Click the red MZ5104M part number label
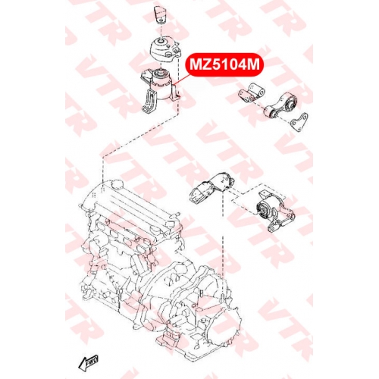(224, 64)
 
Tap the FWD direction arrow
(88, 363)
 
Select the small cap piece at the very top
(160, 15)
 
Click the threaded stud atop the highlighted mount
(160, 73)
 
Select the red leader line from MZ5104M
(181, 80)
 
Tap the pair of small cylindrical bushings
(252, 93)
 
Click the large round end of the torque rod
(290, 102)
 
